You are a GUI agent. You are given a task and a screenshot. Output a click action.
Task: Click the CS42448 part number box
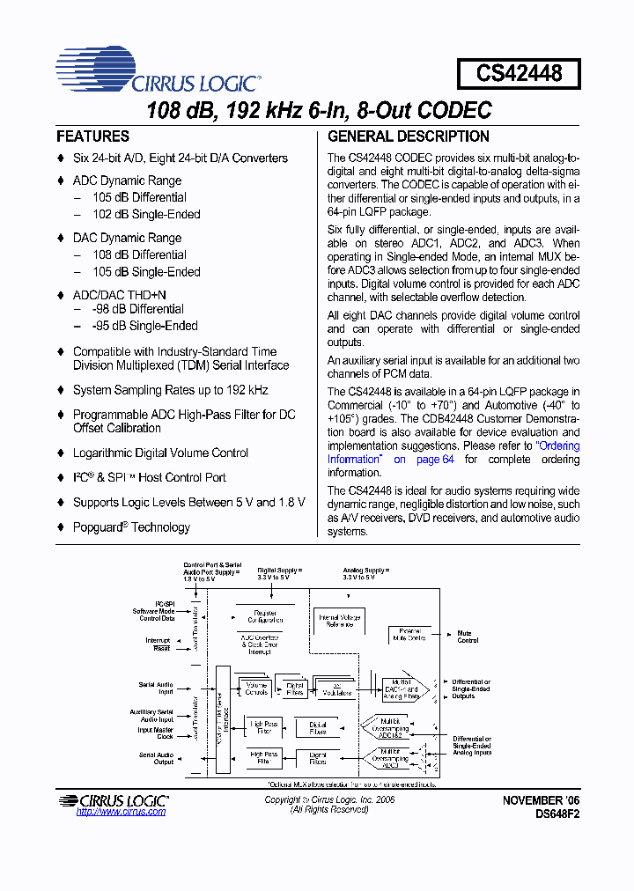click(519, 73)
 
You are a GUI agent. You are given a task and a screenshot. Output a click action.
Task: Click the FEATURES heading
click(92, 136)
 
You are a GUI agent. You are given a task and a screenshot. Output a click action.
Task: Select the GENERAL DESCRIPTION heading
click(409, 136)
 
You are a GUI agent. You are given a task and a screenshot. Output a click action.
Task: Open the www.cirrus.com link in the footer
click(121, 812)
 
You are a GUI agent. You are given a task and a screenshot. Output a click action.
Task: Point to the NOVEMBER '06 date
click(542, 800)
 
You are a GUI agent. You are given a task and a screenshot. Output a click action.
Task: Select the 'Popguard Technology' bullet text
click(131, 527)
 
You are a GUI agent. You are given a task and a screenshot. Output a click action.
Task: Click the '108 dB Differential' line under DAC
click(139, 255)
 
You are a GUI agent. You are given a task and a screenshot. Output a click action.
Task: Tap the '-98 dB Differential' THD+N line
click(137, 309)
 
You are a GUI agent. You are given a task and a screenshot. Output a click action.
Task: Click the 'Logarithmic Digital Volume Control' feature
click(160, 453)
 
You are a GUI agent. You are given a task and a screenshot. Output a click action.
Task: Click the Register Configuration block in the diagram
click(265, 616)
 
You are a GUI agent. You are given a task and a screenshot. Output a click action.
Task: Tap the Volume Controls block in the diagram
click(256, 688)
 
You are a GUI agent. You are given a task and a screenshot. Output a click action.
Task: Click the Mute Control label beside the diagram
click(467, 637)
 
